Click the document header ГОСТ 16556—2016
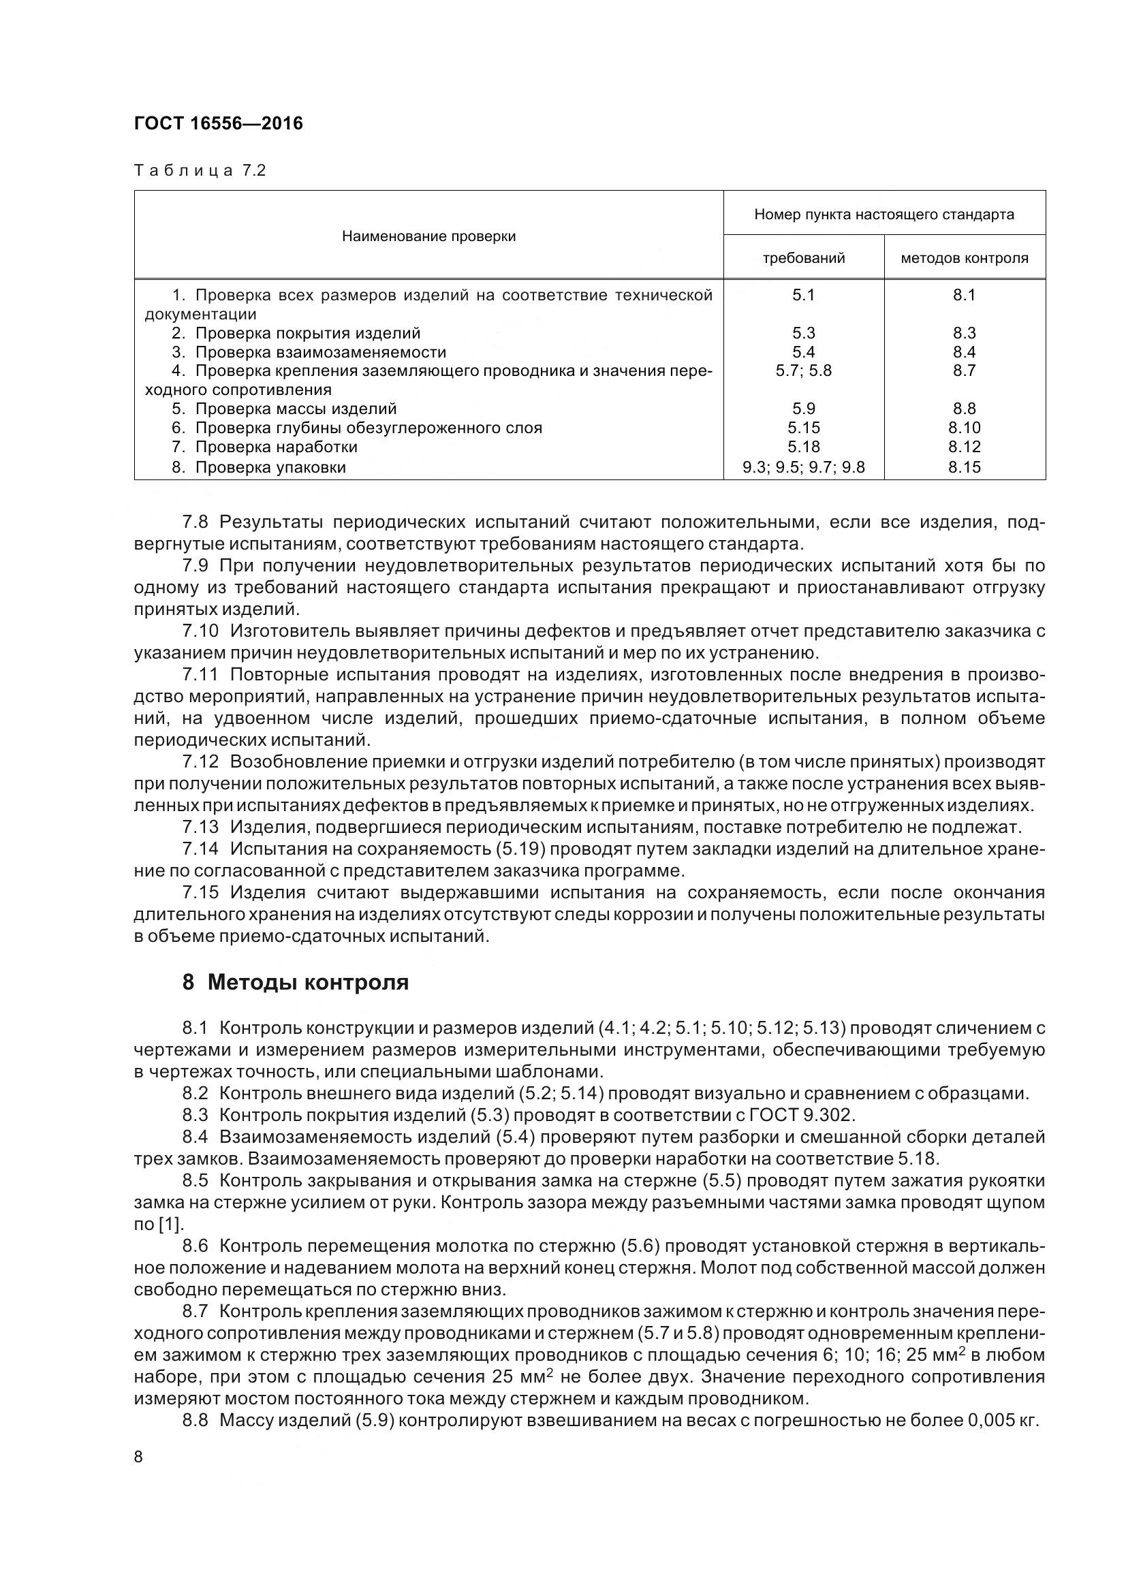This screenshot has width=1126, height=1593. (x=219, y=123)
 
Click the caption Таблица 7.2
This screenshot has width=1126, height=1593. (x=200, y=171)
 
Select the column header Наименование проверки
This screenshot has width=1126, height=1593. (x=428, y=236)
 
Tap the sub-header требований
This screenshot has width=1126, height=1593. (x=803, y=259)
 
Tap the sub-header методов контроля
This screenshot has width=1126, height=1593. (x=965, y=259)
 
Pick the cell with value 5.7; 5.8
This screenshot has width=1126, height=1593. (x=803, y=370)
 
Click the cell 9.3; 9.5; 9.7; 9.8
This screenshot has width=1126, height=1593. (x=803, y=467)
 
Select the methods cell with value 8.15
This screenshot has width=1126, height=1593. (x=965, y=467)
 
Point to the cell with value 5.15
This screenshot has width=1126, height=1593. (x=803, y=428)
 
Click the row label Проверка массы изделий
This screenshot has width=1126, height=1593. (x=296, y=409)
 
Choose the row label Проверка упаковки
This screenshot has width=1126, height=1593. (x=270, y=467)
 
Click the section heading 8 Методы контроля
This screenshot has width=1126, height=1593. (x=296, y=983)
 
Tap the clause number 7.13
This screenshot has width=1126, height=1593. (x=200, y=827)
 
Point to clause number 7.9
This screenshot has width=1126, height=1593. (x=196, y=565)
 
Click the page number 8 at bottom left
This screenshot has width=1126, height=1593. (x=138, y=1456)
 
